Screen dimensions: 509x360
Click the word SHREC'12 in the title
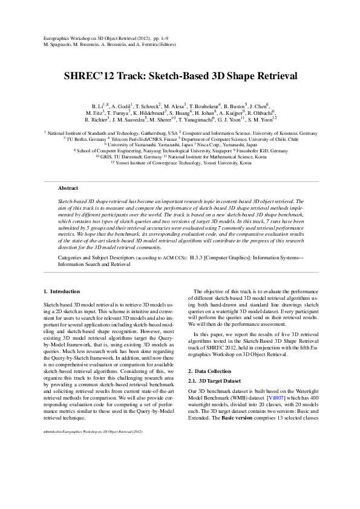tap(89, 77)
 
